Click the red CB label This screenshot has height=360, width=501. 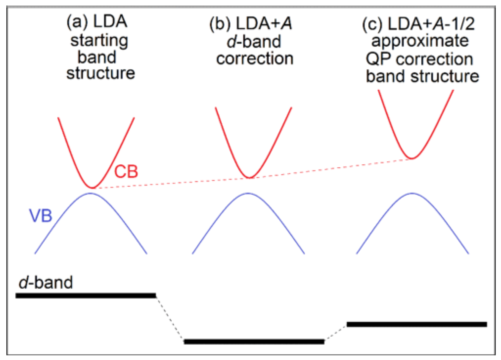[x=126, y=171]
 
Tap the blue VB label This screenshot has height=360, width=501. [x=40, y=216]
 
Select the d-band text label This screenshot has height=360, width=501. [x=46, y=282]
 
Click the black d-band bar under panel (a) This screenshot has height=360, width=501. [x=86, y=296]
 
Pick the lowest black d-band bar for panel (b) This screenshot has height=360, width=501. [x=254, y=342]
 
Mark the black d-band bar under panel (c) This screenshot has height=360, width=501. [x=417, y=324]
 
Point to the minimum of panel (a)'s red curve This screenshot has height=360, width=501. [x=93, y=188]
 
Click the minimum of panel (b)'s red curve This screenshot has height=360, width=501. [x=250, y=178]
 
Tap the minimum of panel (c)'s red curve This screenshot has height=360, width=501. [x=412, y=158]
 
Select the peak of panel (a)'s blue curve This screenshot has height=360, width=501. [x=90, y=193]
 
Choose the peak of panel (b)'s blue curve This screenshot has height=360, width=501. [x=248, y=193]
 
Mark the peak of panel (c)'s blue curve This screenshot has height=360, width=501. [x=412, y=193]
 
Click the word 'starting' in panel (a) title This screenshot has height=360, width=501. [x=99, y=41]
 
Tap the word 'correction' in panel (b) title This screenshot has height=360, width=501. [x=255, y=59]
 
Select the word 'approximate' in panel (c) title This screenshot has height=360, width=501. [x=420, y=41]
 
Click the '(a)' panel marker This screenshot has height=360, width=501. [x=77, y=22]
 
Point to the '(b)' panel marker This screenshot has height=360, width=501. [x=220, y=24]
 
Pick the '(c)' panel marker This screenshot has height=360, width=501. [x=372, y=24]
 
